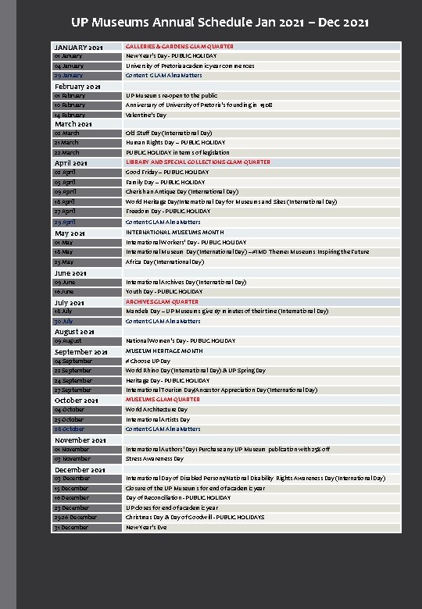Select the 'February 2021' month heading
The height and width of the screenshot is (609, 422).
pyautogui.click(x=77, y=86)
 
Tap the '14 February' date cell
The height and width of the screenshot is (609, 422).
pyautogui.click(x=70, y=115)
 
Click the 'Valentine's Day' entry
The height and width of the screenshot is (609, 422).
pyautogui.click(x=146, y=115)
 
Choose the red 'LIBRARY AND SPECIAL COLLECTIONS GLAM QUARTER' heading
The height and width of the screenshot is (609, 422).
pyautogui.click(x=198, y=162)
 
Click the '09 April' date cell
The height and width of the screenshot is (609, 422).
pyautogui.click(x=66, y=192)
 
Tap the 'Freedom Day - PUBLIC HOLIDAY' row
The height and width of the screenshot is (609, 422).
pyautogui.click(x=168, y=212)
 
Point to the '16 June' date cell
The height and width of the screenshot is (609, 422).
pyautogui.click(x=66, y=291)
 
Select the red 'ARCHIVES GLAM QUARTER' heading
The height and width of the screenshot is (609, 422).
pyautogui.click(x=162, y=301)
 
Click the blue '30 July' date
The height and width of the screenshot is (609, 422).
pyautogui.click(x=64, y=321)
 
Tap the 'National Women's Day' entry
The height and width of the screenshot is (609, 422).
pyautogui.click(x=180, y=341)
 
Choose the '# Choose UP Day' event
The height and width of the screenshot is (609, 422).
pyautogui.click(x=148, y=361)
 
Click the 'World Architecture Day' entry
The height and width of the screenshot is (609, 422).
pyautogui.click(x=156, y=410)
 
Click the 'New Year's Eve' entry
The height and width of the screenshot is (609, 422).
pyautogui.click(x=146, y=528)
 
